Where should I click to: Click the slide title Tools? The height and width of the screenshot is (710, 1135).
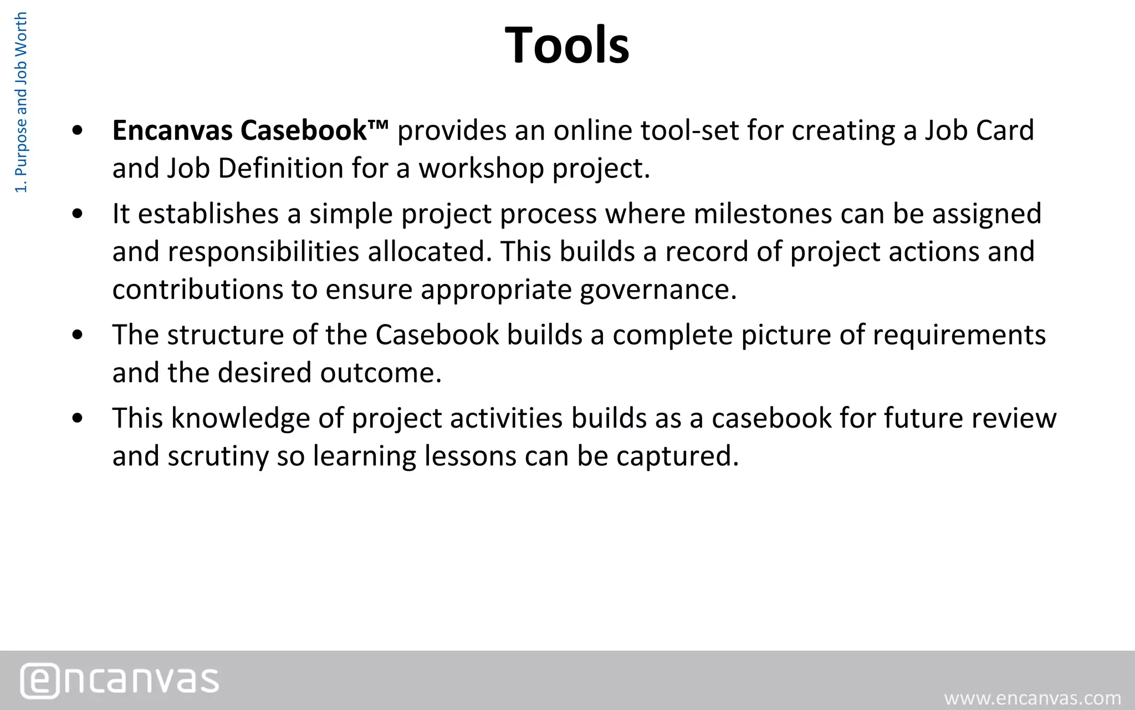tap(567, 45)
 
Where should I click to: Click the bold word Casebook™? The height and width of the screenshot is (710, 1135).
tap(314, 131)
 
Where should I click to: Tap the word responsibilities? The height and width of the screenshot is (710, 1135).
tap(263, 252)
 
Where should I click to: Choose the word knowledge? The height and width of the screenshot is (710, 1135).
tap(241, 418)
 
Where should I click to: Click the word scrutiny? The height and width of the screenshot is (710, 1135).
tap(218, 456)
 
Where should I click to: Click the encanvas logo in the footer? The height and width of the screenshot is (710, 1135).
tap(120, 680)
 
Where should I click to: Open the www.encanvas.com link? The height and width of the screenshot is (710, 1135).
tap(1032, 698)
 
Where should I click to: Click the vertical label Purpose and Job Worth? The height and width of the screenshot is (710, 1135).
tap(21, 103)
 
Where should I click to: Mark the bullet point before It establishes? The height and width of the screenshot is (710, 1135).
tap(78, 214)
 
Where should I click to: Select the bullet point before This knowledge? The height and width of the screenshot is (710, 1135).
tap(78, 418)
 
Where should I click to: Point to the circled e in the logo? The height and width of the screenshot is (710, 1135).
tap(39, 681)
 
